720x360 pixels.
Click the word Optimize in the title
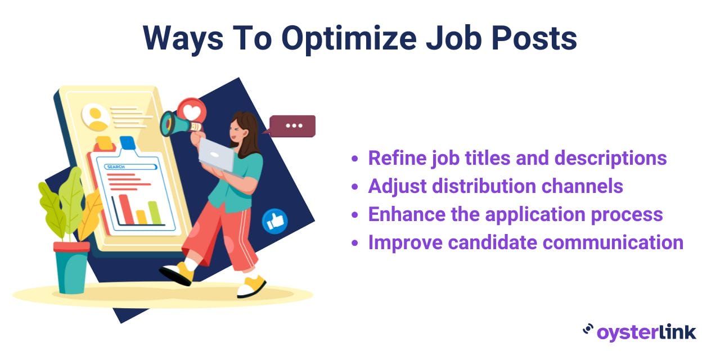point(349,39)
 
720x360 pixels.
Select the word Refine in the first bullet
point(397,158)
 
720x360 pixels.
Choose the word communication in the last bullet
point(614,242)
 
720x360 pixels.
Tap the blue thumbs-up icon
point(275,221)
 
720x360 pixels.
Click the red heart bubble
point(192,112)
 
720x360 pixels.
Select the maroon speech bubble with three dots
point(292,126)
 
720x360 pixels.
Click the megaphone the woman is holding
point(179,124)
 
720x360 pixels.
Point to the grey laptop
point(217,156)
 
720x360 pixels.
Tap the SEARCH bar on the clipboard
point(130,167)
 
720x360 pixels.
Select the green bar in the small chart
point(155,213)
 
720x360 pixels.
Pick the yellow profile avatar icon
point(96,117)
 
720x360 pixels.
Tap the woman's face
point(238,131)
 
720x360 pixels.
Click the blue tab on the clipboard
point(127,143)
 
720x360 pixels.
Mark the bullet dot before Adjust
point(354,187)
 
